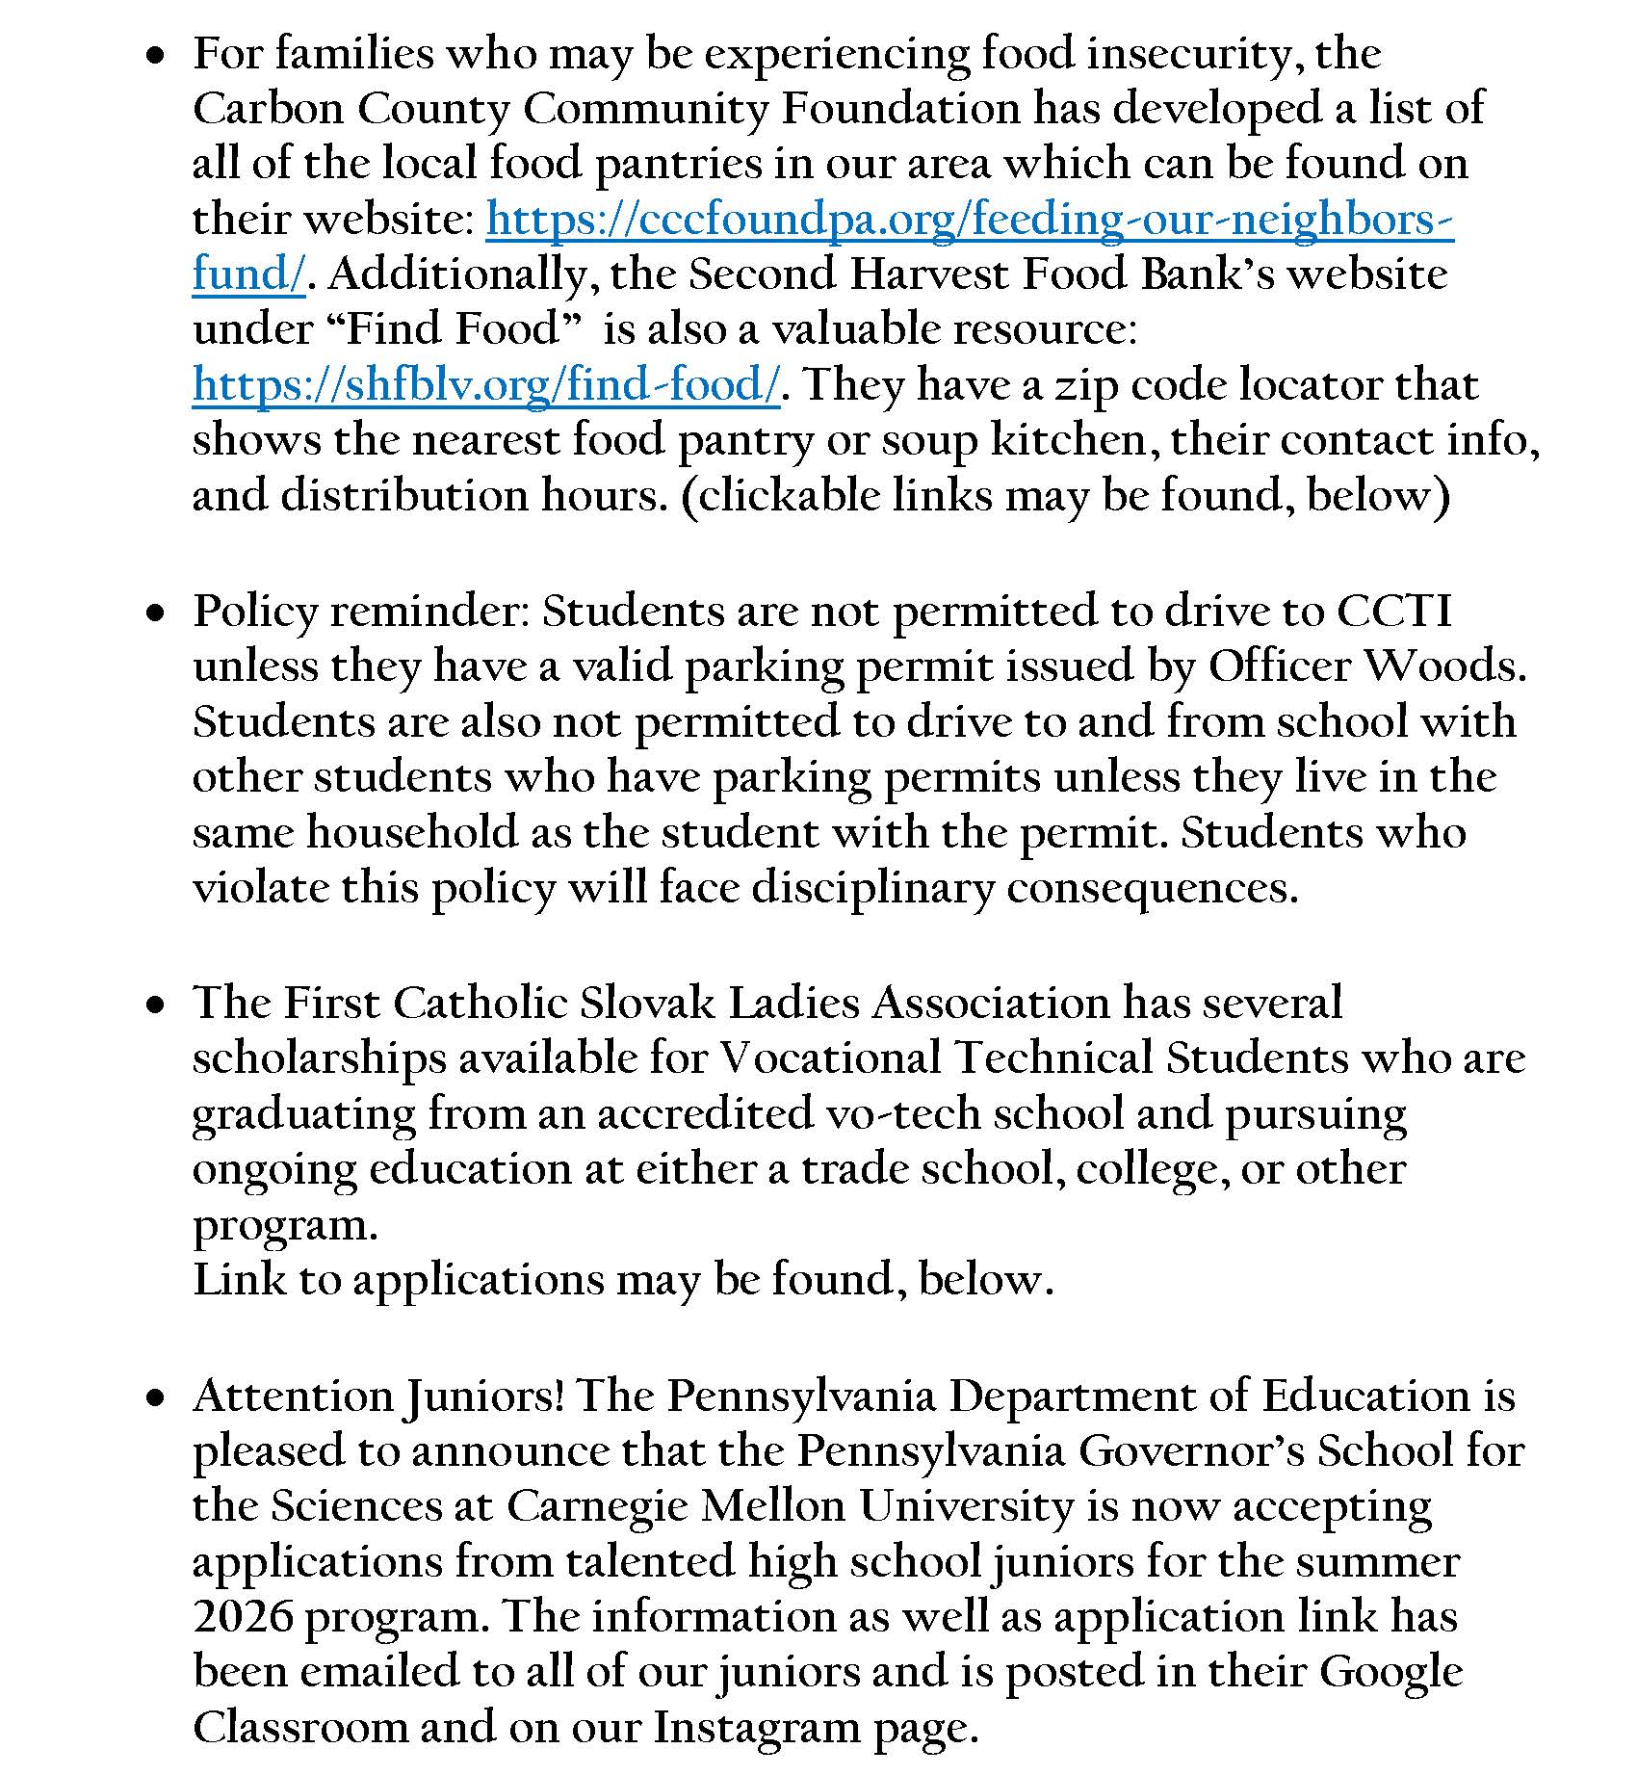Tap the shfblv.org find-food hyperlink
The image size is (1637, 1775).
click(x=485, y=385)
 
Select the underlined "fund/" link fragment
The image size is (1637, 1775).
click(x=248, y=274)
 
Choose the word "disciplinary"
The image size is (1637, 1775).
click(x=871, y=888)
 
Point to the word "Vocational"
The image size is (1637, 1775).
click(x=830, y=1058)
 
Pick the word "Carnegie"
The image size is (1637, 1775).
click(x=597, y=1506)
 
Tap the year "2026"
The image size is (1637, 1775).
click(x=242, y=1617)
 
